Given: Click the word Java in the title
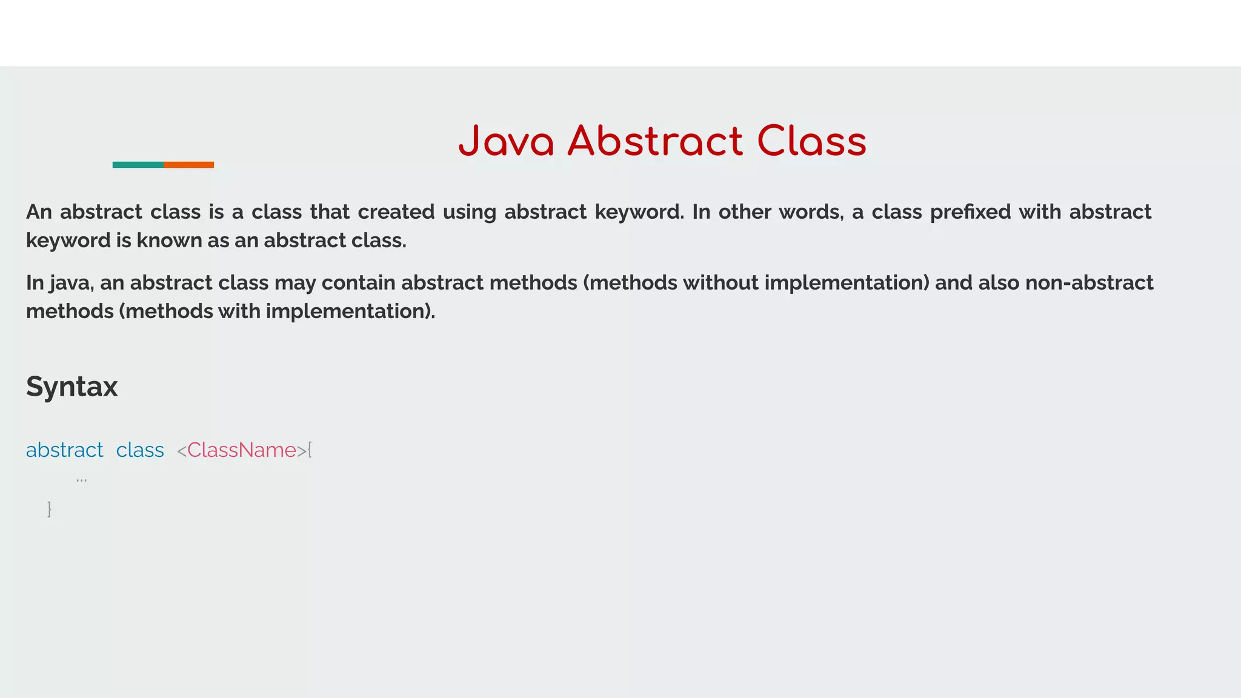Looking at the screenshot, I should coord(506,142).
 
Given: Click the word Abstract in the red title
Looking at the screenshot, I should coord(655,142).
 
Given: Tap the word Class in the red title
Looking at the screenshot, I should coord(811,142).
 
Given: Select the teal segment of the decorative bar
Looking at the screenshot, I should coord(138,165).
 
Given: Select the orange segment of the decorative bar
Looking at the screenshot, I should coord(188,165).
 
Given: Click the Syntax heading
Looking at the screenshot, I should coord(72,387).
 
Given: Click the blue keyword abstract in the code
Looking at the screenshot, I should coord(64,450).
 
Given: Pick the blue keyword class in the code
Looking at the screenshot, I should coord(140,450).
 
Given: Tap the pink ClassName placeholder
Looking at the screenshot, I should coord(241,450).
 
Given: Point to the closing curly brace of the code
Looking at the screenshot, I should coord(49,509).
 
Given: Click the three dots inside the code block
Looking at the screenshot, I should coord(81,480).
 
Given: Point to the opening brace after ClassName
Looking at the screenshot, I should coord(310,450).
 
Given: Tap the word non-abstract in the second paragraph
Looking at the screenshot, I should coord(1089,283).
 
